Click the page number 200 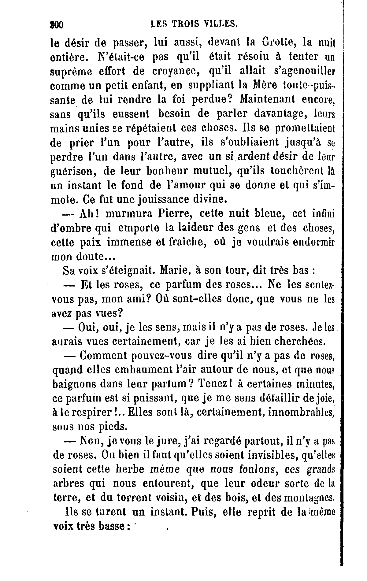pos(56,24)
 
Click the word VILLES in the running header pos(221,24)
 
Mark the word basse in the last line pos(112,526)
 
